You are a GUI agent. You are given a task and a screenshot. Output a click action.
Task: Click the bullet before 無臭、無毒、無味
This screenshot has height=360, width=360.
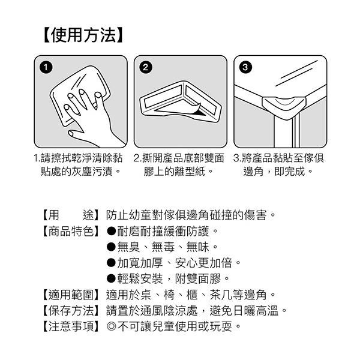tap(111, 247)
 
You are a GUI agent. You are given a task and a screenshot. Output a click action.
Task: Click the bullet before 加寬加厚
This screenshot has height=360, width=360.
tap(111, 263)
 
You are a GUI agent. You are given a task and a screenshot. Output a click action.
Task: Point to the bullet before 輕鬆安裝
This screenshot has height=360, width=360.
tap(111, 279)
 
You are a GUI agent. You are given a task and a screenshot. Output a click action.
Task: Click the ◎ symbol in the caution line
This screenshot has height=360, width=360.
tap(111, 327)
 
